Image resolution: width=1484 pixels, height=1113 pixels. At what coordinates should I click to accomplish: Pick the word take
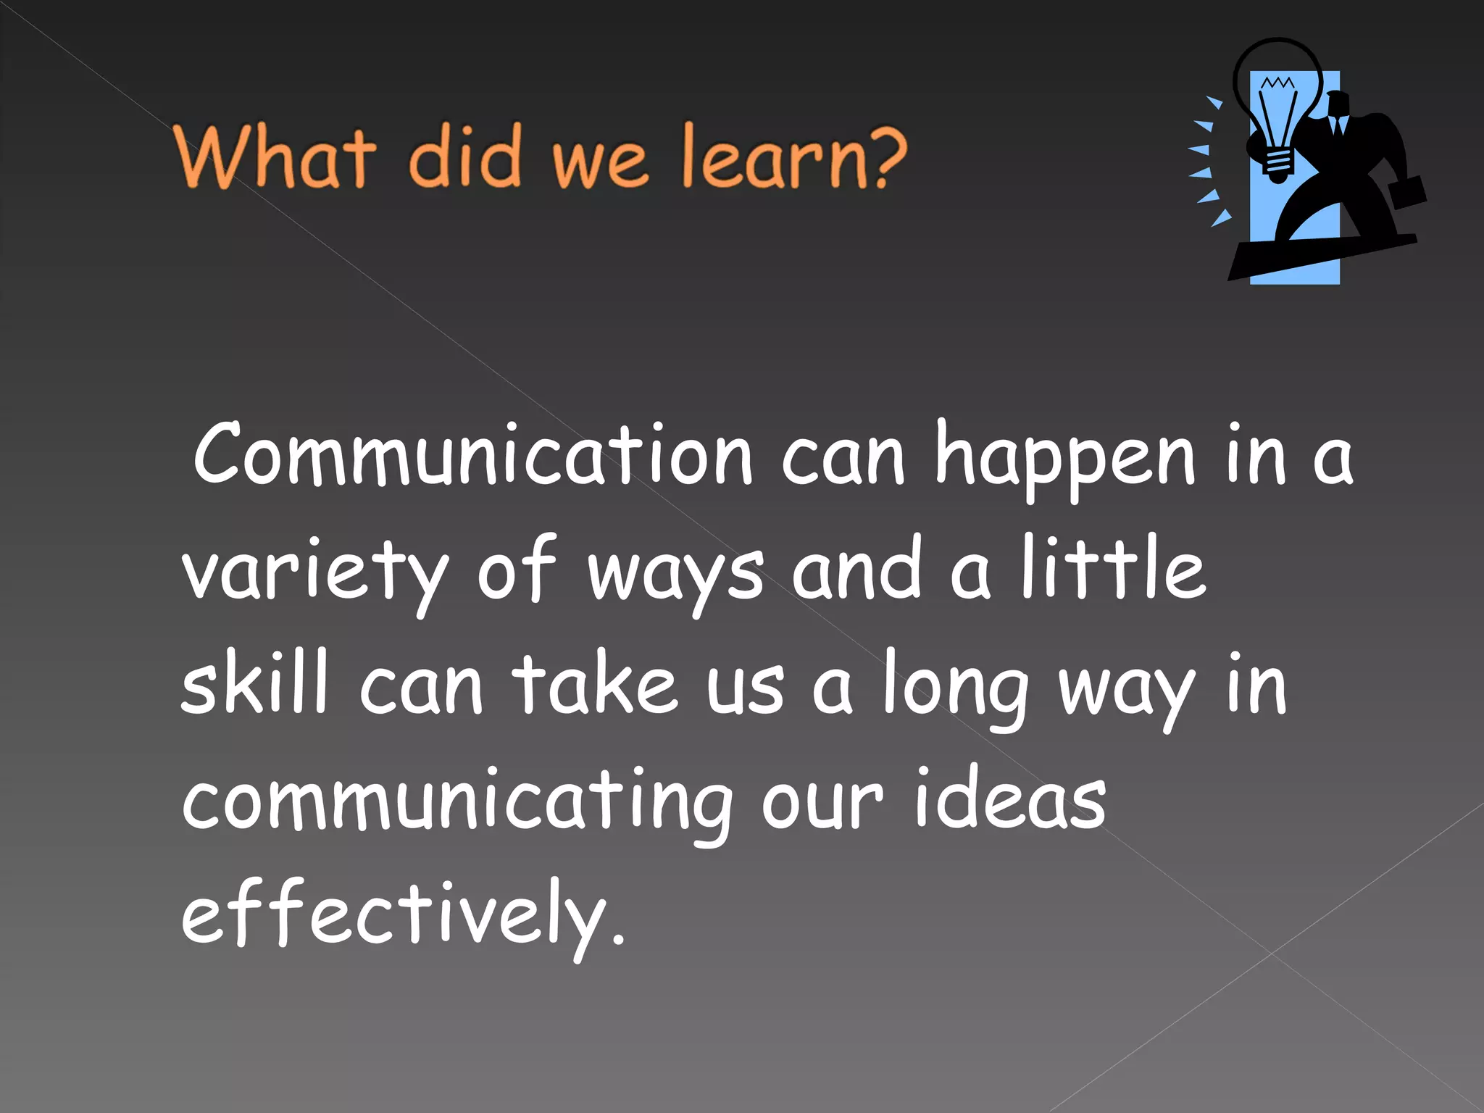(594, 684)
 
